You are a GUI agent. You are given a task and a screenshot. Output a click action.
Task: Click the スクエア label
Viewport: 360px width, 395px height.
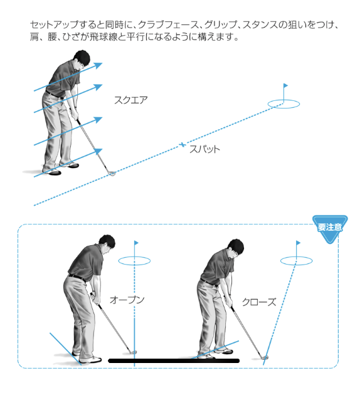point(130,100)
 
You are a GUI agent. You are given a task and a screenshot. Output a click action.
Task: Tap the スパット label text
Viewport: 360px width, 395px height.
point(204,149)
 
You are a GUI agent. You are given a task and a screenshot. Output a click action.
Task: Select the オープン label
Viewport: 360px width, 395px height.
point(127,300)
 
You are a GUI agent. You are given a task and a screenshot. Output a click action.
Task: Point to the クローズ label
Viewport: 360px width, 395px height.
point(259,302)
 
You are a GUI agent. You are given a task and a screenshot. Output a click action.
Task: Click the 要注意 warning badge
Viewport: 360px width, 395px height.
point(330,228)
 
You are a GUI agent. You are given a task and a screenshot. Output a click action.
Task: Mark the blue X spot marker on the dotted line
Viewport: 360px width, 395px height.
point(183,145)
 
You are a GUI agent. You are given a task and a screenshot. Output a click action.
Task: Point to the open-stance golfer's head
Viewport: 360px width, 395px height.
point(107,244)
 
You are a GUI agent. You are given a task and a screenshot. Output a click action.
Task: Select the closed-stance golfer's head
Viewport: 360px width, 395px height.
point(236,248)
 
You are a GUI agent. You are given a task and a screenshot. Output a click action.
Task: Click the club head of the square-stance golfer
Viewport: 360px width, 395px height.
point(112,173)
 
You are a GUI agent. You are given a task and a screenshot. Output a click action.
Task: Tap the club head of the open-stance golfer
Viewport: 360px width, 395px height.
point(133,352)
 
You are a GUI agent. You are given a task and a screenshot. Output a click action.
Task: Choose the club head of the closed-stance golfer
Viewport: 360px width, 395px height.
point(265,357)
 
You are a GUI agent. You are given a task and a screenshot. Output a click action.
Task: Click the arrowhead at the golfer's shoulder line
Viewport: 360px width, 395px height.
point(98,65)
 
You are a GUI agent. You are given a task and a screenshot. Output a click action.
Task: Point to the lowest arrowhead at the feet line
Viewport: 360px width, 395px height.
point(98,151)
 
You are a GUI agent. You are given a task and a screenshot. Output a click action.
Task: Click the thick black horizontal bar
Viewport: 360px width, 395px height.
point(174,361)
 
